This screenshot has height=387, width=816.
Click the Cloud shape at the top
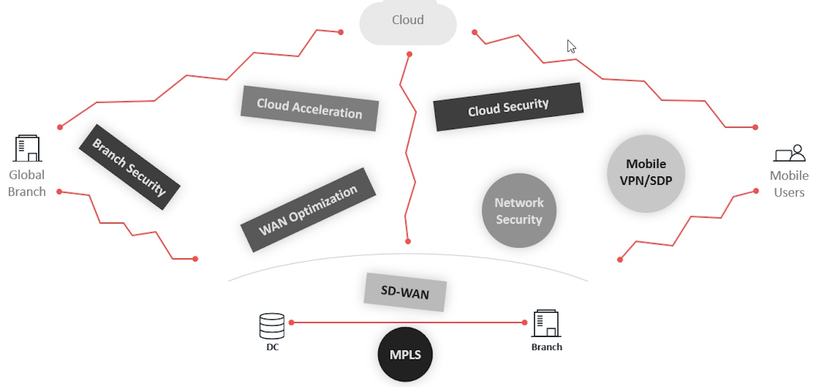pos(408,23)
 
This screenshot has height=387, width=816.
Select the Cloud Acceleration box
pos(310,108)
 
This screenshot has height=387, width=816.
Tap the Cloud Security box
pos(508,107)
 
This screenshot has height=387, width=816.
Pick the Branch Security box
pos(129,167)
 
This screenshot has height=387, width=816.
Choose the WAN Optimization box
pos(308,209)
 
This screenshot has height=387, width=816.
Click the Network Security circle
pos(518,211)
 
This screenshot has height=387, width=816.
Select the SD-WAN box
pos(405,293)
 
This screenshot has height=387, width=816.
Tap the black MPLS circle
pos(405,355)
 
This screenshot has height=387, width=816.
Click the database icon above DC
pos(271,326)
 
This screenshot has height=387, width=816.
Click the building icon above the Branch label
pos(546,324)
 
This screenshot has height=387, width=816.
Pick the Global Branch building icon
pos(27,149)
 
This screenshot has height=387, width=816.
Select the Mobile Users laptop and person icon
pos(789,153)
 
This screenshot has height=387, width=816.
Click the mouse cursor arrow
pos(571,47)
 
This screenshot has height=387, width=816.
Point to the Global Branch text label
pos(27,183)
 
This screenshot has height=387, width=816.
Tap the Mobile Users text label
pos(789,184)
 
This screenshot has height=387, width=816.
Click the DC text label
pos(273,347)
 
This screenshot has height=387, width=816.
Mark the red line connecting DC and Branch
pos(407,323)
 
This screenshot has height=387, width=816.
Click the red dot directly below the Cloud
pos(409,54)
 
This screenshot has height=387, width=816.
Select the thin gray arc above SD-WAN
pos(407,254)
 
